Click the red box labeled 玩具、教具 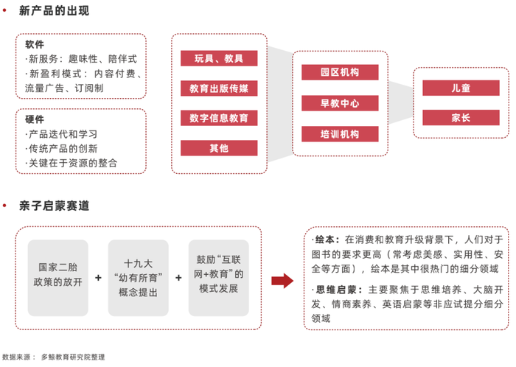point(219,58)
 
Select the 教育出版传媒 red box point(219,88)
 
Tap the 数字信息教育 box point(219,118)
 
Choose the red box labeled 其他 point(219,148)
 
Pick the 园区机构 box point(340,72)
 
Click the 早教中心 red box point(340,103)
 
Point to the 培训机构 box point(340,134)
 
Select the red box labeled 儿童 point(461,88)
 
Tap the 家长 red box point(461,117)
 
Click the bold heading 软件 point(35,44)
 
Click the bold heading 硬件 point(35,119)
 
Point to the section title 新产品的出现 point(54,10)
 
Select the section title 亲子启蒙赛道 point(54,206)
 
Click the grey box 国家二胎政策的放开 point(58,278)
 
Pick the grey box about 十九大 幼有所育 point(139,278)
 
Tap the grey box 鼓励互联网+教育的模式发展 point(218,278)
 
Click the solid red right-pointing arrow point(282,281)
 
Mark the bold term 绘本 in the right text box point(325,240)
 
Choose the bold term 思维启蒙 point(336,290)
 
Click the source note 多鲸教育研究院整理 point(73,357)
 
